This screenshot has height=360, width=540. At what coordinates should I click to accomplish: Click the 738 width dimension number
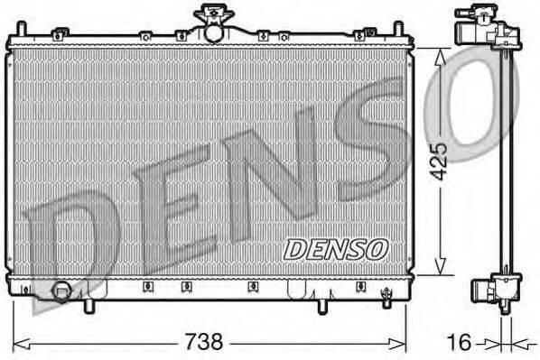click(205, 343)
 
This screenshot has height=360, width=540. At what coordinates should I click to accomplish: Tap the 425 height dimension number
click(438, 161)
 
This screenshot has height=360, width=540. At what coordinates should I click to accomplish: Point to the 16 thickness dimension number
click(461, 343)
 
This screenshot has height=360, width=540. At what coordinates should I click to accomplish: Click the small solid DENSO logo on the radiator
click(335, 247)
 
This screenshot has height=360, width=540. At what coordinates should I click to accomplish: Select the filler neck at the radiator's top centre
click(212, 23)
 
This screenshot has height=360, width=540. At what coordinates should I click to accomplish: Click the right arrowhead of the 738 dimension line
click(405, 343)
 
